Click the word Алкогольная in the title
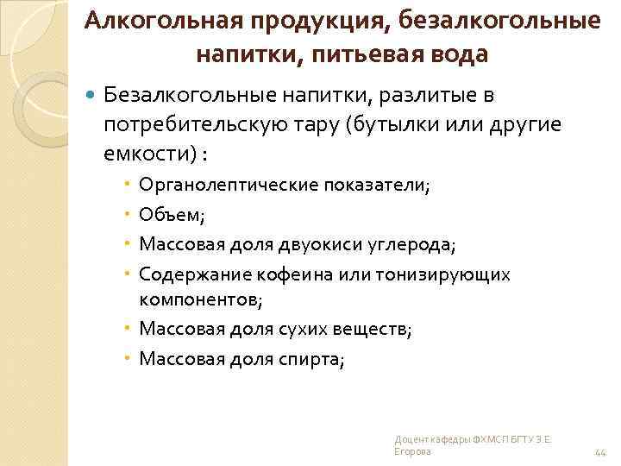[147, 21]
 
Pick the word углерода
[410, 244]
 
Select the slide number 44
[601, 452]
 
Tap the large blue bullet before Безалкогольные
[91, 91]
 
